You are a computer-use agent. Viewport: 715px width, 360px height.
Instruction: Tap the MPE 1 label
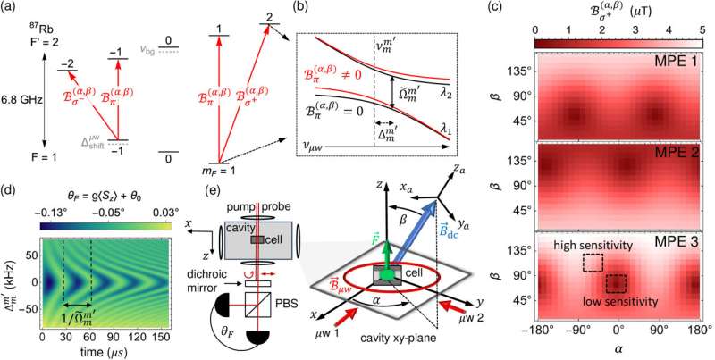pos(680,64)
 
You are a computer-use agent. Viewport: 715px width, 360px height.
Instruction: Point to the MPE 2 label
pos(680,152)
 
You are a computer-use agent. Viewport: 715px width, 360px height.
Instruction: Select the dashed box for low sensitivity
pos(616,284)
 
